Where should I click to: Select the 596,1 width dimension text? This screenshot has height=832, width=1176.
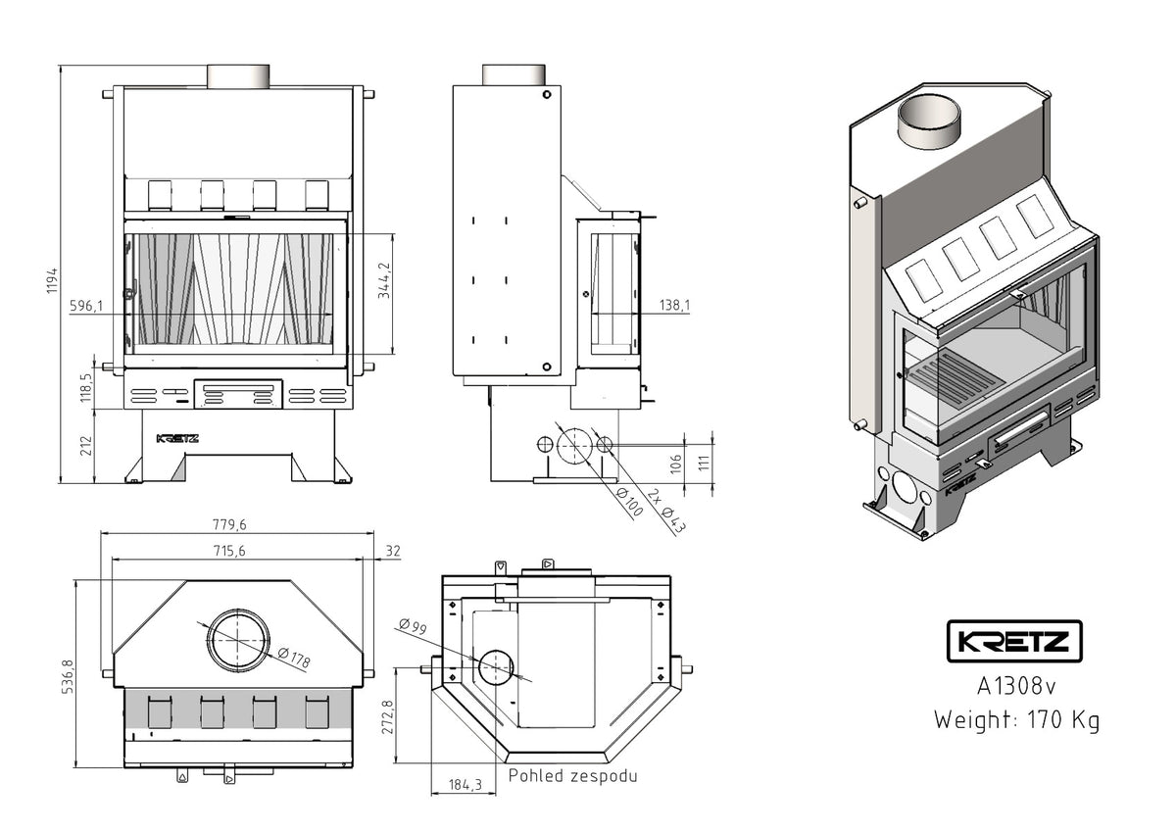tap(86, 306)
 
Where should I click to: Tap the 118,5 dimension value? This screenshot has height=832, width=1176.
tap(86, 388)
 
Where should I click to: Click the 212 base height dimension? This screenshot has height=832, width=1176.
tap(86, 446)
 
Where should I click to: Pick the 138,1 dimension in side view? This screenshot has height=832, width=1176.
tap(675, 306)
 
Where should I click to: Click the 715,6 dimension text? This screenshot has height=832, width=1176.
tap(227, 552)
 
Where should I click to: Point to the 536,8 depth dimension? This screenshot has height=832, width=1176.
tap(68, 677)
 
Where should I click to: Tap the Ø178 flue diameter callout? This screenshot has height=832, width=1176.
tap(293, 659)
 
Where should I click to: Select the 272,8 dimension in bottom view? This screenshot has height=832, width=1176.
tap(388, 716)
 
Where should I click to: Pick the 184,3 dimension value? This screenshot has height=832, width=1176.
tap(465, 784)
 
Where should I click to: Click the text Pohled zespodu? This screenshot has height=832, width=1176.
tap(572, 776)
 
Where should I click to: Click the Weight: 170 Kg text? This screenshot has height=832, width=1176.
tap(1015, 720)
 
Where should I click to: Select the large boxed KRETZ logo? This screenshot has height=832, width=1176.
tap(1014, 643)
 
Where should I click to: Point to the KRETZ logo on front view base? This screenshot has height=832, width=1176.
tap(177, 438)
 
